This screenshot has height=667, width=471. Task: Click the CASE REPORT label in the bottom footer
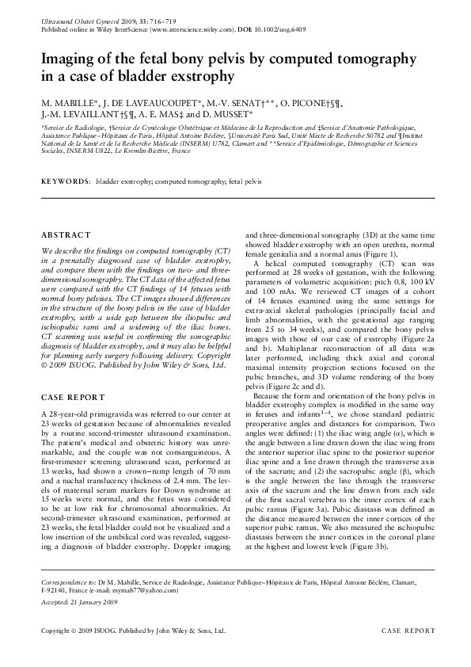[x=408, y=631]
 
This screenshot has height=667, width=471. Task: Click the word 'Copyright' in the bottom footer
[x=58, y=631]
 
